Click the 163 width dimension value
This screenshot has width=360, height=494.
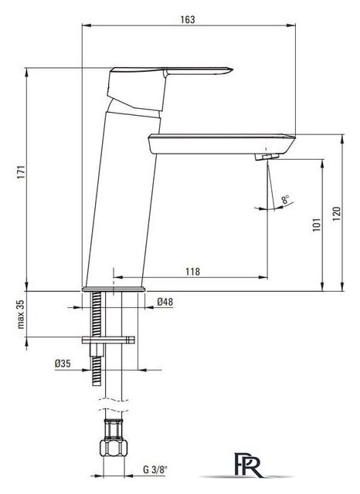coord(188,19)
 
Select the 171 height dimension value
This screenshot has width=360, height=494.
coord(21,171)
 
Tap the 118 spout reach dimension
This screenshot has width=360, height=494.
coord(192,271)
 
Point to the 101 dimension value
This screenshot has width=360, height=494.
coord(317,225)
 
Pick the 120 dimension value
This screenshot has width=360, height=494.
coord(337,213)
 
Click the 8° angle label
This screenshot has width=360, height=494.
coord(286,199)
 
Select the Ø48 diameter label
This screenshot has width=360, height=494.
coord(165,302)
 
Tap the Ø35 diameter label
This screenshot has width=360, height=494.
coord(63,364)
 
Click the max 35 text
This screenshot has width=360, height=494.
coord(21,314)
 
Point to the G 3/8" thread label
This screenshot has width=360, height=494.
coord(155,469)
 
